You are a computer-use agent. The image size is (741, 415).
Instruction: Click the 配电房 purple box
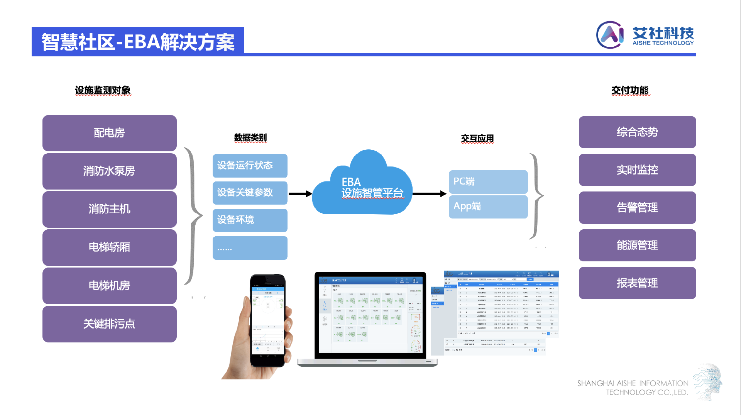click(110, 133)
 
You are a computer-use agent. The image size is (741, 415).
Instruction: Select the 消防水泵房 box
click(110, 171)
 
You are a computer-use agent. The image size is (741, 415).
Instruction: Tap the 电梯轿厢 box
click(110, 247)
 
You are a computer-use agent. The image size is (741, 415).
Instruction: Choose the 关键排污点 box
click(110, 324)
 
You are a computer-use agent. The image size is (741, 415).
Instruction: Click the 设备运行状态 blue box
click(250, 166)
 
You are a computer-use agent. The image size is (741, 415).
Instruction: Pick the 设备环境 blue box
click(250, 220)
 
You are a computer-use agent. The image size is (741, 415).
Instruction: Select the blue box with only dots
click(250, 248)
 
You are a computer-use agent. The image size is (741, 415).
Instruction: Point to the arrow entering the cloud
click(300, 193)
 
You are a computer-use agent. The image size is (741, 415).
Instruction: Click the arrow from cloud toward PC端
click(429, 193)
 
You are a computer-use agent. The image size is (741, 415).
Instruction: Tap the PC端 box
click(488, 181)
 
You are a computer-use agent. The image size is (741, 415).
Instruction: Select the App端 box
click(488, 207)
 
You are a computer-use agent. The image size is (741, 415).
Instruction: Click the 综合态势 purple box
click(637, 132)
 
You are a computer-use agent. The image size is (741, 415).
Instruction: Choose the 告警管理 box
click(637, 208)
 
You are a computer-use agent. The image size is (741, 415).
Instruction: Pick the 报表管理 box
click(637, 283)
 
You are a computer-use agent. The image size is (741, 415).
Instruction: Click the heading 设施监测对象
click(103, 90)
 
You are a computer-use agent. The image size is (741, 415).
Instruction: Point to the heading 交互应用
click(477, 138)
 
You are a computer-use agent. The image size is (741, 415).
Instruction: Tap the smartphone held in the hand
click(268, 320)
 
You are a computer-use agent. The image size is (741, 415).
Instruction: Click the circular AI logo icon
click(610, 35)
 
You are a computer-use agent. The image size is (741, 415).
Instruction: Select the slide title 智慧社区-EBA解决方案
click(138, 42)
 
